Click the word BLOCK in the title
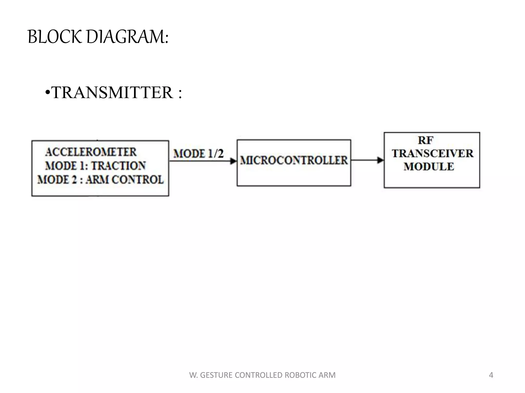(55, 37)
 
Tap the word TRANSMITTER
(112, 93)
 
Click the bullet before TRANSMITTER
(47, 93)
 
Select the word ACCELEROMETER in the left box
(91, 152)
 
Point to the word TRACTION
(119, 166)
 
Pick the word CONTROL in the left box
(138, 180)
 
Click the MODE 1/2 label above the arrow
(198, 154)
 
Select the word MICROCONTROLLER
(294, 160)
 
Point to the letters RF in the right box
(426, 140)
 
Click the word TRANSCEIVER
(433, 154)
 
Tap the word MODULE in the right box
(429, 167)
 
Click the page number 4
(491, 375)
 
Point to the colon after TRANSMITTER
(180, 93)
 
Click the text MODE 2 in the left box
(57, 180)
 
